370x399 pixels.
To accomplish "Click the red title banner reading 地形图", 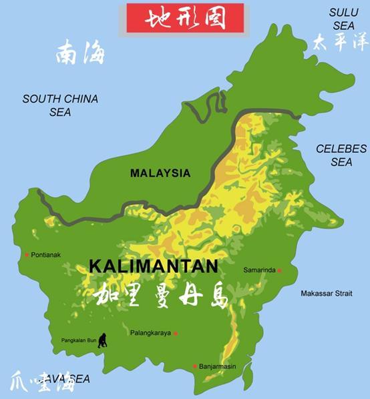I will (x=185, y=18).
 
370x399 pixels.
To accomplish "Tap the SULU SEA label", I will (x=343, y=19).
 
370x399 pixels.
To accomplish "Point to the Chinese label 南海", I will (x=80, y=53).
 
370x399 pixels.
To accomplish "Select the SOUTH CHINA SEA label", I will (x=60, y=105).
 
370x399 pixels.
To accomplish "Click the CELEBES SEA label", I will (x=341, y=155).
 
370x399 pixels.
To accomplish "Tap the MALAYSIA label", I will (x=160, y=173).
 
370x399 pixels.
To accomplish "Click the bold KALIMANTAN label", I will (x=153, y=266).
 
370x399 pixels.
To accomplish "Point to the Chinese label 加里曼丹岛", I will (x=161, y=294).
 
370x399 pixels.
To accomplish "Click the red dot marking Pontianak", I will (x=27, y=255).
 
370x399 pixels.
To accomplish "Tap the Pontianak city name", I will (x=46, y=255).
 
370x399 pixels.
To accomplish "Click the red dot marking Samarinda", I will (x=279, y=270).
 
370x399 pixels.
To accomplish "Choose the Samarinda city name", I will (x=259, y=270).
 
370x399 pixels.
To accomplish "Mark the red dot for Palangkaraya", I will (x=176, y=333).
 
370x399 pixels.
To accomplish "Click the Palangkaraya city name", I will (x=150, y=333).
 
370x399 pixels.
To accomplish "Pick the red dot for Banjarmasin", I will (x=194, y=366).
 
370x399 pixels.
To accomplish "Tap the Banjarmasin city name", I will (x=218, y=366).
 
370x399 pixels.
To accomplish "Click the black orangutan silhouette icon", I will (x=102, y=340).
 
